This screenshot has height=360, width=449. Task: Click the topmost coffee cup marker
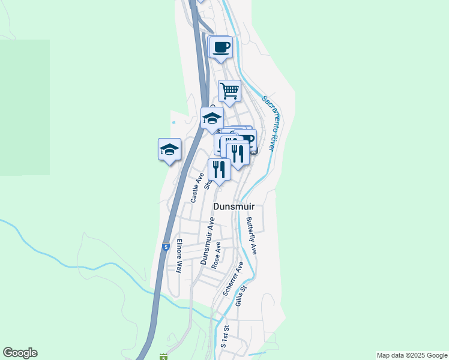coord(221,47)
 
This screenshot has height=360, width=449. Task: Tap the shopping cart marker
coord(229,91)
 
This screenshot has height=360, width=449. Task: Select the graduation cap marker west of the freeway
coord(169,149)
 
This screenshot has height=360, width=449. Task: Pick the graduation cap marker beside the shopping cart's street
coord(212,117)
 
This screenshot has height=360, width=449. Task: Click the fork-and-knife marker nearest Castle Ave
coord(219,170)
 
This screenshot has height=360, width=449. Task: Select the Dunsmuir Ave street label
coord(208,241)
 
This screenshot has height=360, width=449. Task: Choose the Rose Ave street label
coord(218,254)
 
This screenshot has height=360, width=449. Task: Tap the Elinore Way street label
coord(179,256)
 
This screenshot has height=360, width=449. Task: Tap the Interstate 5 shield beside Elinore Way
coord(165,247)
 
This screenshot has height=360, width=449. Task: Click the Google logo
coord(20,353)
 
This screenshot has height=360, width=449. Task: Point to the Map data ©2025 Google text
coord(411,355)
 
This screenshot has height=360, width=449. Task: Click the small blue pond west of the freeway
coord(173,122)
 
